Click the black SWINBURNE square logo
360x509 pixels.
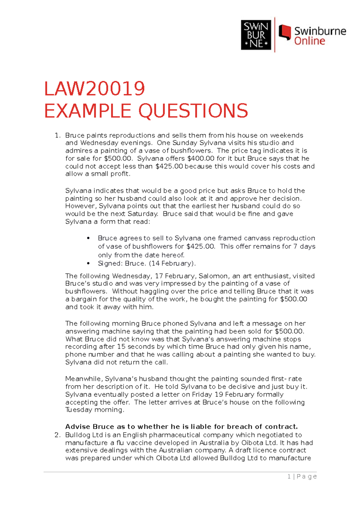coord(256,35)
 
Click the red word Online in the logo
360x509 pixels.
coord(309,41)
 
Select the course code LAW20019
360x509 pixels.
coord(94,89)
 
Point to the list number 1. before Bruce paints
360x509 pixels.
coord(58,135)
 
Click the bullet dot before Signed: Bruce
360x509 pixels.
coord(88,263)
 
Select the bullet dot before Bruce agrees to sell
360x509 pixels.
coord(88,238)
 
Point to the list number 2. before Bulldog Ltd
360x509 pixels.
coord(58,435)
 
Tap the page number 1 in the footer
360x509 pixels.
coord(289,477)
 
